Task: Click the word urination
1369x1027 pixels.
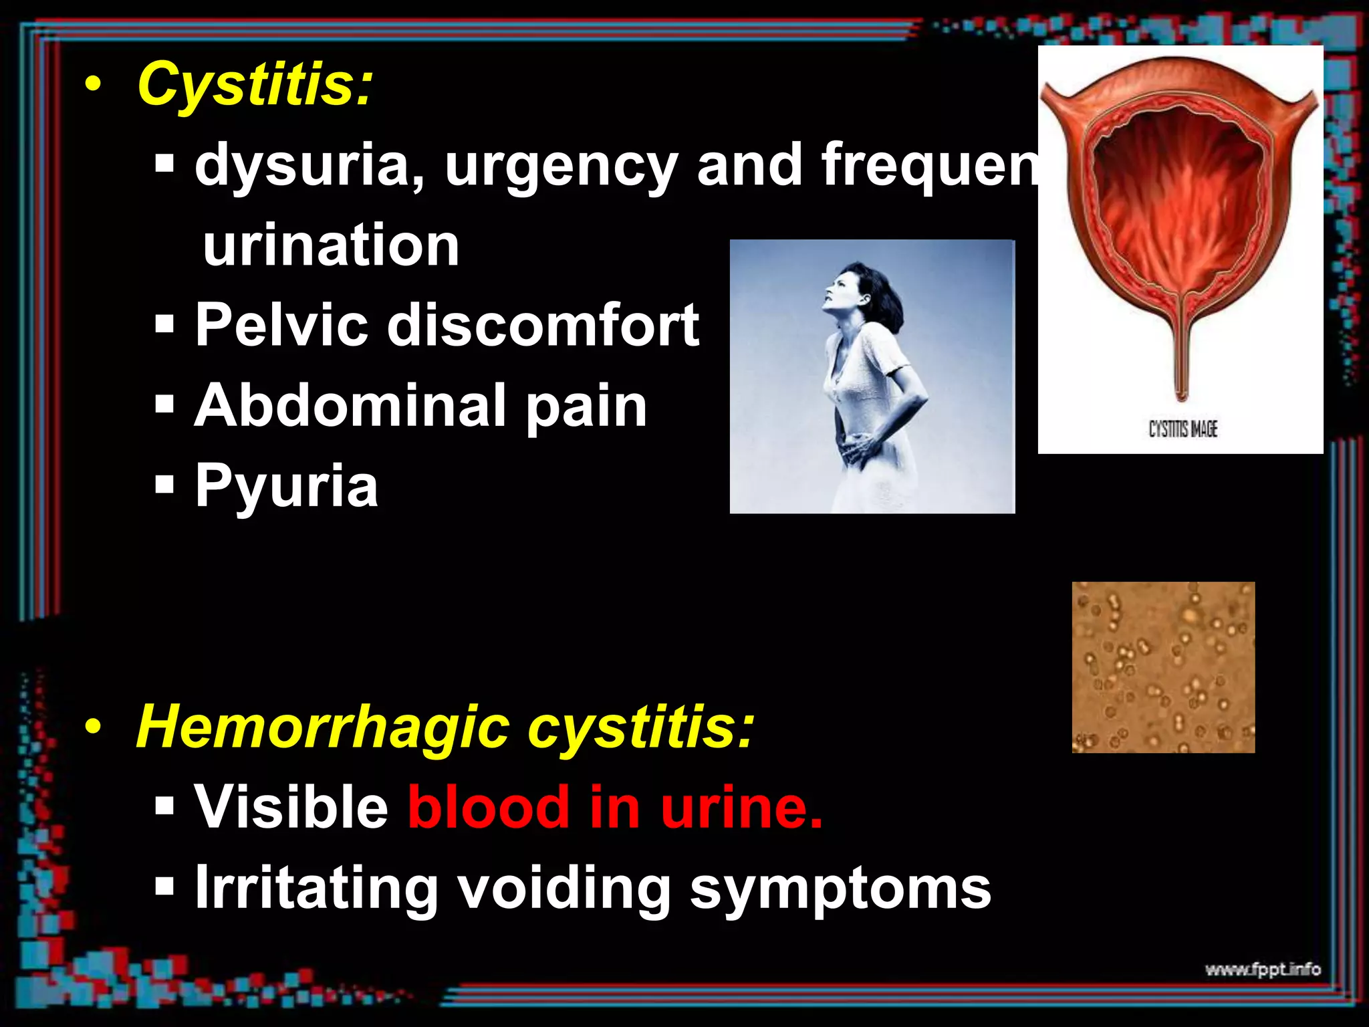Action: [x=331, y=246]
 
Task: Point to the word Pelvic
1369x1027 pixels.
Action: [x=281, y=325]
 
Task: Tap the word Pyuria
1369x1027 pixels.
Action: [x=286, y=487]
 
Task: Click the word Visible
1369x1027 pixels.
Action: [x=291, y=807]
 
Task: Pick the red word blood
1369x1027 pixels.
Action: [x=488, y=807]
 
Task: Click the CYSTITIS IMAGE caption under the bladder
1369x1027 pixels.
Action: [x=1183, y=429]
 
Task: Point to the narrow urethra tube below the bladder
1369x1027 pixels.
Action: [x=1182, y=354]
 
